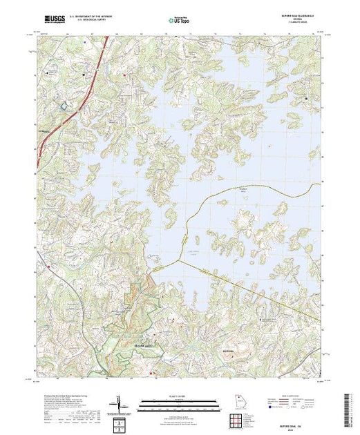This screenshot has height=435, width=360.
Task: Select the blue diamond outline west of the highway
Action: (x=66, y=105)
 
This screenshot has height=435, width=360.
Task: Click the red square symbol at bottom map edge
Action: (x=151, y=374)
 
